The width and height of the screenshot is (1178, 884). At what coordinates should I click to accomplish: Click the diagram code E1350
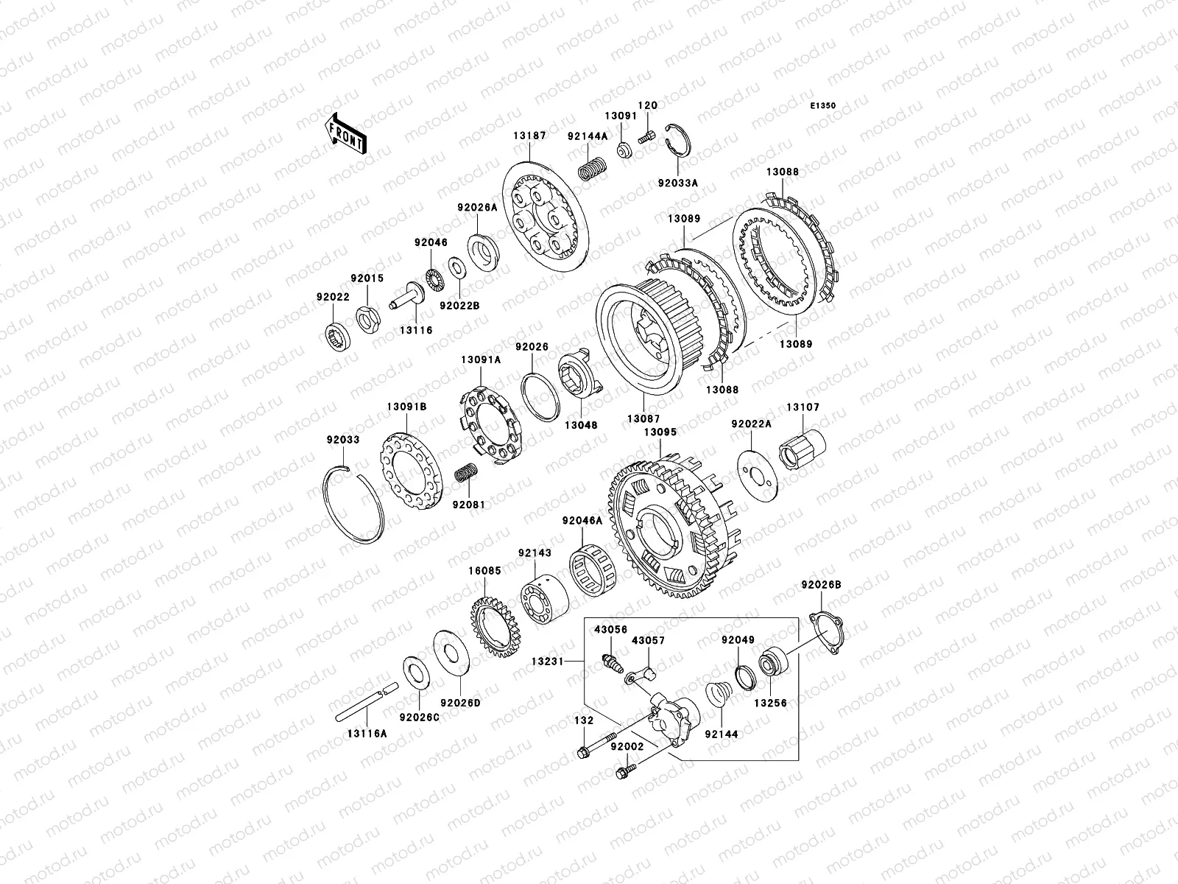pyautogui.click(x=822, y=106)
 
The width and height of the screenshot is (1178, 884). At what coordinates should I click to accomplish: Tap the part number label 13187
pyautogui.click(x=529, y=136)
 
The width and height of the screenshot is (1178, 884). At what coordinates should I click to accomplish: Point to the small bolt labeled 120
pyautogui.click(x=646, y=138)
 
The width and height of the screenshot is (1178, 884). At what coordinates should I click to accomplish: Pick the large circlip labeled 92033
pyautogui.click(x=354, y=505)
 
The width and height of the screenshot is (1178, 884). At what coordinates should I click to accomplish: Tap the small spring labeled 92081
pyautogui.click(x=466, y=471)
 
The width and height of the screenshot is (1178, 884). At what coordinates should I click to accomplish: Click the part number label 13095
pyautogui.click(x=660, y=432)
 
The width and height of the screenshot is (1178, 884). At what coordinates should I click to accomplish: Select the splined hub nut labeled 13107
pyautogui.click(x=802, y=450)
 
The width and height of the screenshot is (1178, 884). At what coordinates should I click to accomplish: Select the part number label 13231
pyautogui.click(x=548, y=662)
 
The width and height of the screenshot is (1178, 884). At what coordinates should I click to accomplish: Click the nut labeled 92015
pyautogui.click(x=369, y=320)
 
